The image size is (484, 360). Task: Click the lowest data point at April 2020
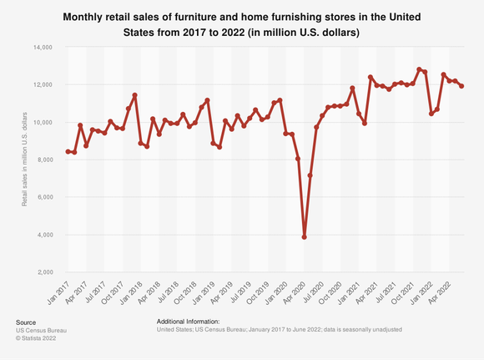point(305,236)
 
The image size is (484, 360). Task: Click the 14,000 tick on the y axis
point(43,48)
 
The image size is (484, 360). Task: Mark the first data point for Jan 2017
point(68,151)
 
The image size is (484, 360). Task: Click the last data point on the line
point(462,86)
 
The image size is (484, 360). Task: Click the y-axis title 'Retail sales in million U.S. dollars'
point(26,160)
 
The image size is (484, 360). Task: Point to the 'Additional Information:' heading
point(188,321)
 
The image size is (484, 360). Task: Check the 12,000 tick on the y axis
point(43,85)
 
